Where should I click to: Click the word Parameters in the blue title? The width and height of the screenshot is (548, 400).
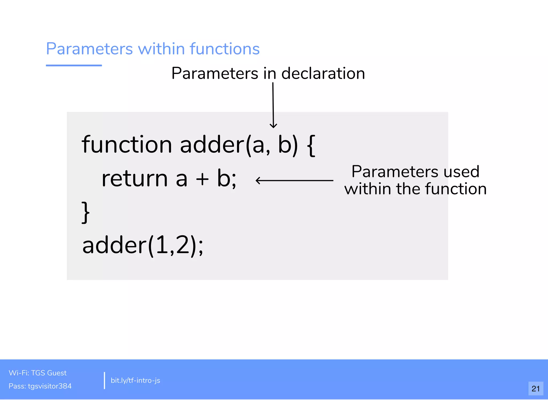(89, 49)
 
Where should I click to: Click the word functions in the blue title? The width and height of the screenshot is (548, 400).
(224, 49)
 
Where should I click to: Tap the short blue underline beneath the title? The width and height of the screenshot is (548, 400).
(74, 65)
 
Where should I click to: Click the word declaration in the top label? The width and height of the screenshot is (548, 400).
(323, 73)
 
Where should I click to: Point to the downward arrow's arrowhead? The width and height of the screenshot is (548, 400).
(273, 126)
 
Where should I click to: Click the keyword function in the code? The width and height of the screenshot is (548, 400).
(127, 145)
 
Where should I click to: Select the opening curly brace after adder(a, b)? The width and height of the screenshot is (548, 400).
(311, 145)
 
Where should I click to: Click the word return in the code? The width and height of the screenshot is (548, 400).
(135, 179)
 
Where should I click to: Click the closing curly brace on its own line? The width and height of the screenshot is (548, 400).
(85, 212)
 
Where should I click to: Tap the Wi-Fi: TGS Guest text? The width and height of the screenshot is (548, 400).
(37, 373)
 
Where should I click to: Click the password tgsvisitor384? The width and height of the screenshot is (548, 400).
(50, 386)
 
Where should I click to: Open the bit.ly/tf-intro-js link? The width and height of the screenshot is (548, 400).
(135, 380)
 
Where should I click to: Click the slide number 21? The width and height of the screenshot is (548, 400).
(535, 388)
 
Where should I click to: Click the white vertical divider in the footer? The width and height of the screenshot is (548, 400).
(104, 380)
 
